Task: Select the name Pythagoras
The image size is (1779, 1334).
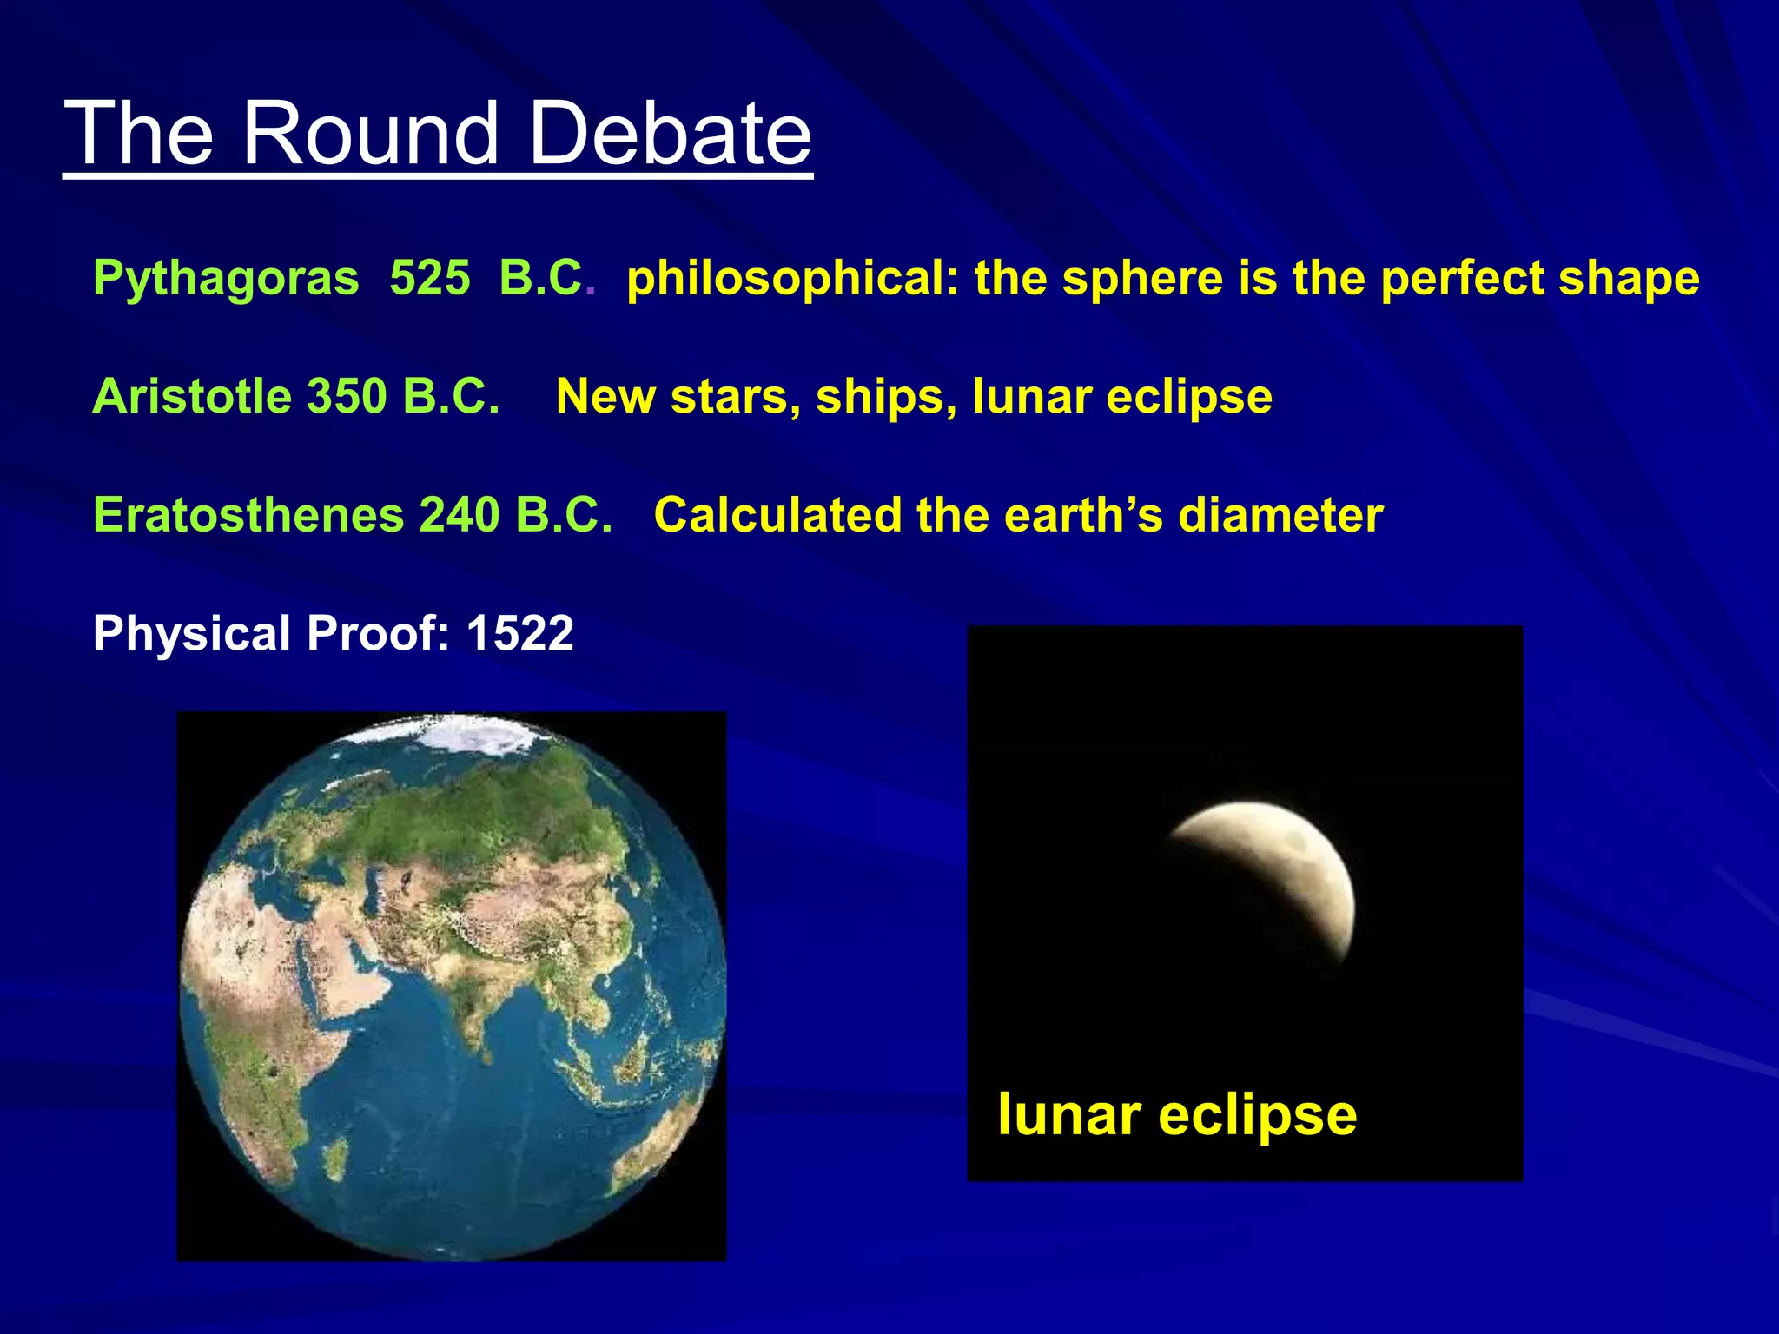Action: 226,279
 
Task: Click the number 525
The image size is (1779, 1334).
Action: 429,279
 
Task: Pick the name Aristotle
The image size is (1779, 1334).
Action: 192,397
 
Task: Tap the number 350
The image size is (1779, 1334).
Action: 346,397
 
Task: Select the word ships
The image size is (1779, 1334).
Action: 885,397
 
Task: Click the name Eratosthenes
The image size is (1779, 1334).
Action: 248,515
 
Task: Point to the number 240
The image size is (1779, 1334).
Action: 459,515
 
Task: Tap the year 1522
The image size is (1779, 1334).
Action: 519,633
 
